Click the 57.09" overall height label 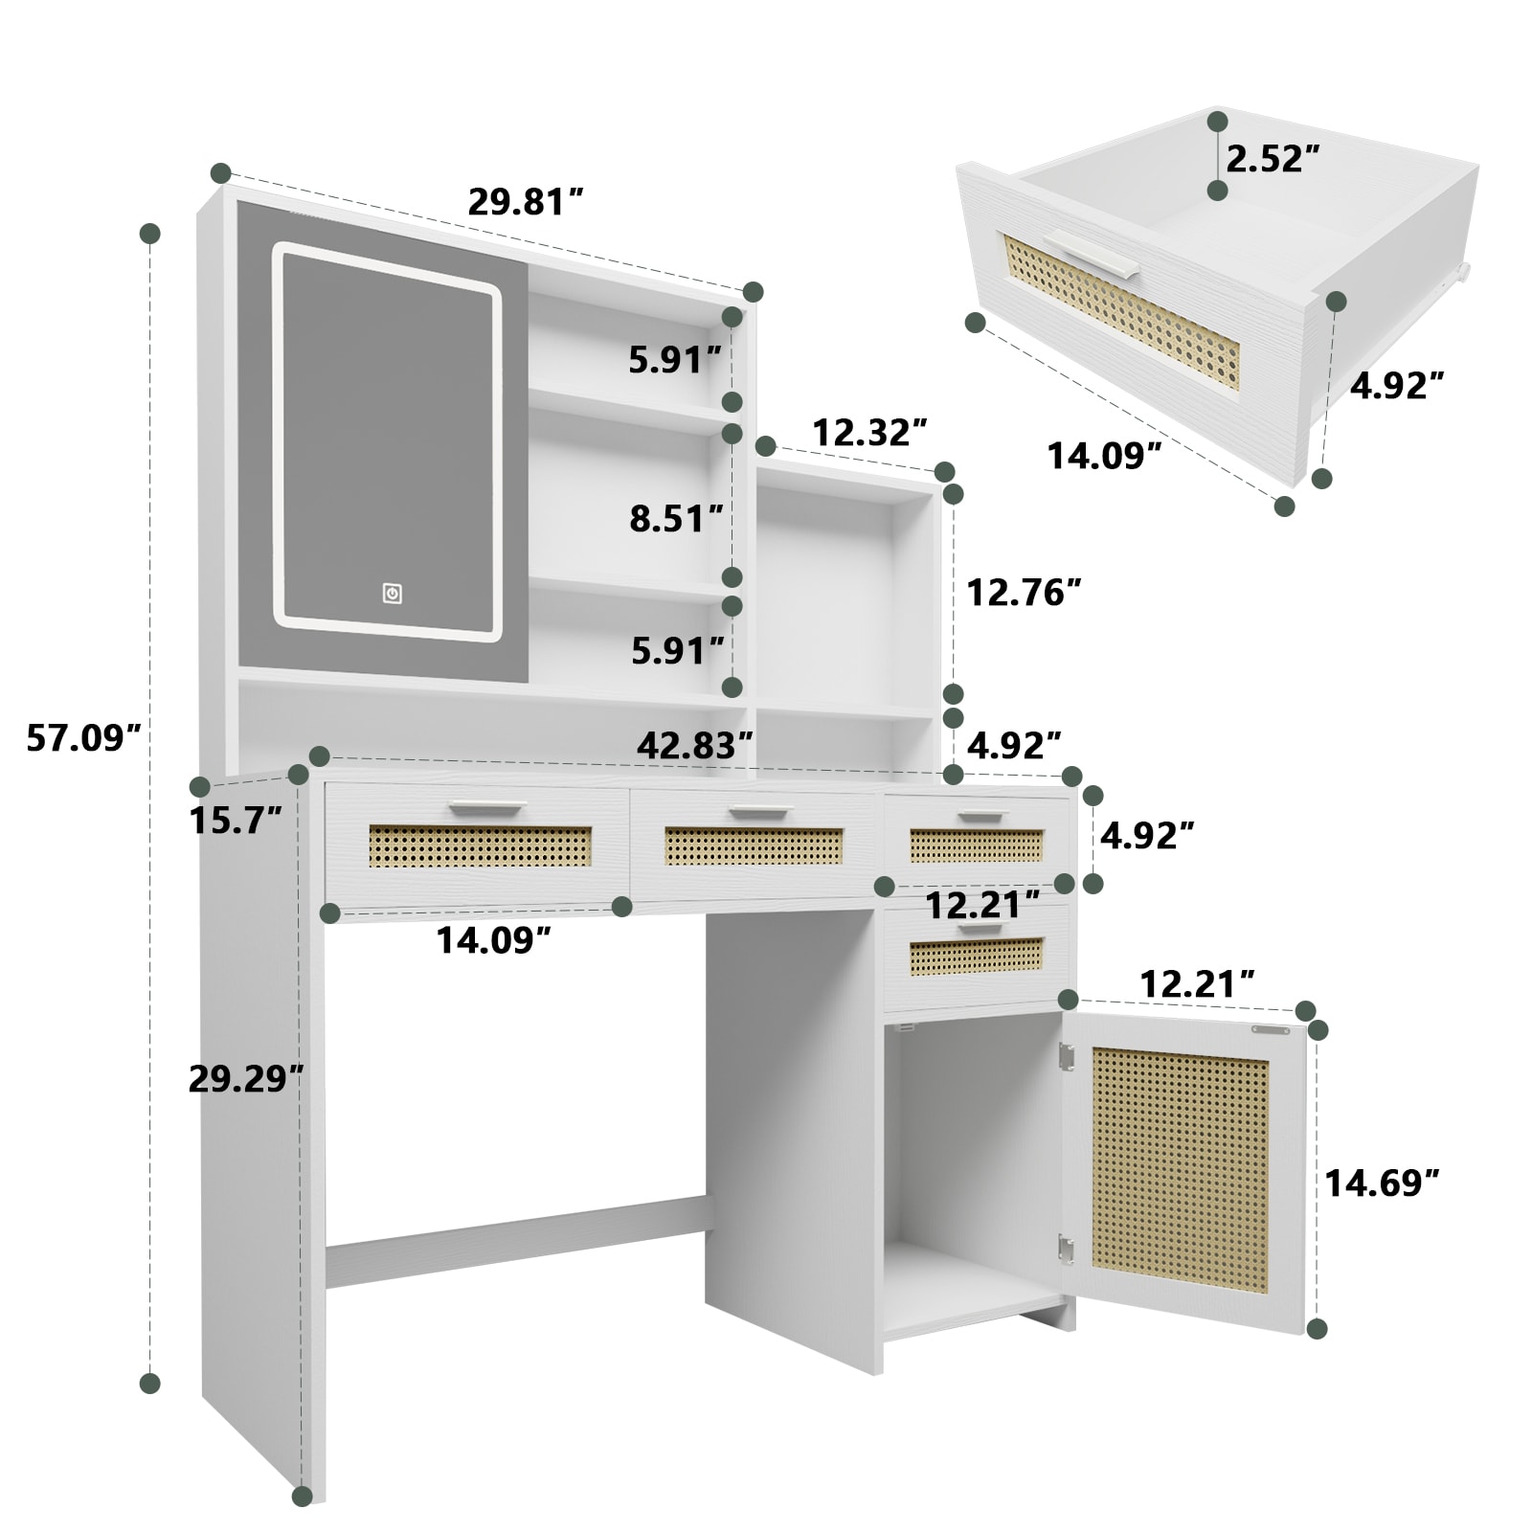(83, 738)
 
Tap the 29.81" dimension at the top (526, 202)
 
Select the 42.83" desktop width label (695, 746)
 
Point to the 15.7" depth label (236, 821)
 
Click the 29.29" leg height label (246, 1079)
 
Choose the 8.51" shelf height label (676, 518)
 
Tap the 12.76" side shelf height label (1024, 593)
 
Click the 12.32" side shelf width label (870, 433)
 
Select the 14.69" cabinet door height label (1382, 1183)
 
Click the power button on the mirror (392, 594)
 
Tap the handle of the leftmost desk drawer (488, 806)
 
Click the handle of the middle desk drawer (761, 813)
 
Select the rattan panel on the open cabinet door (1180, 1169)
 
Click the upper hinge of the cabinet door (1066, 1056)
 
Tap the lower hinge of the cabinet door (1066, 1247)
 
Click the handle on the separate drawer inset (1093, 254)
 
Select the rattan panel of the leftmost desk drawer (480, 846)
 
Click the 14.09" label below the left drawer (493, 941)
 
